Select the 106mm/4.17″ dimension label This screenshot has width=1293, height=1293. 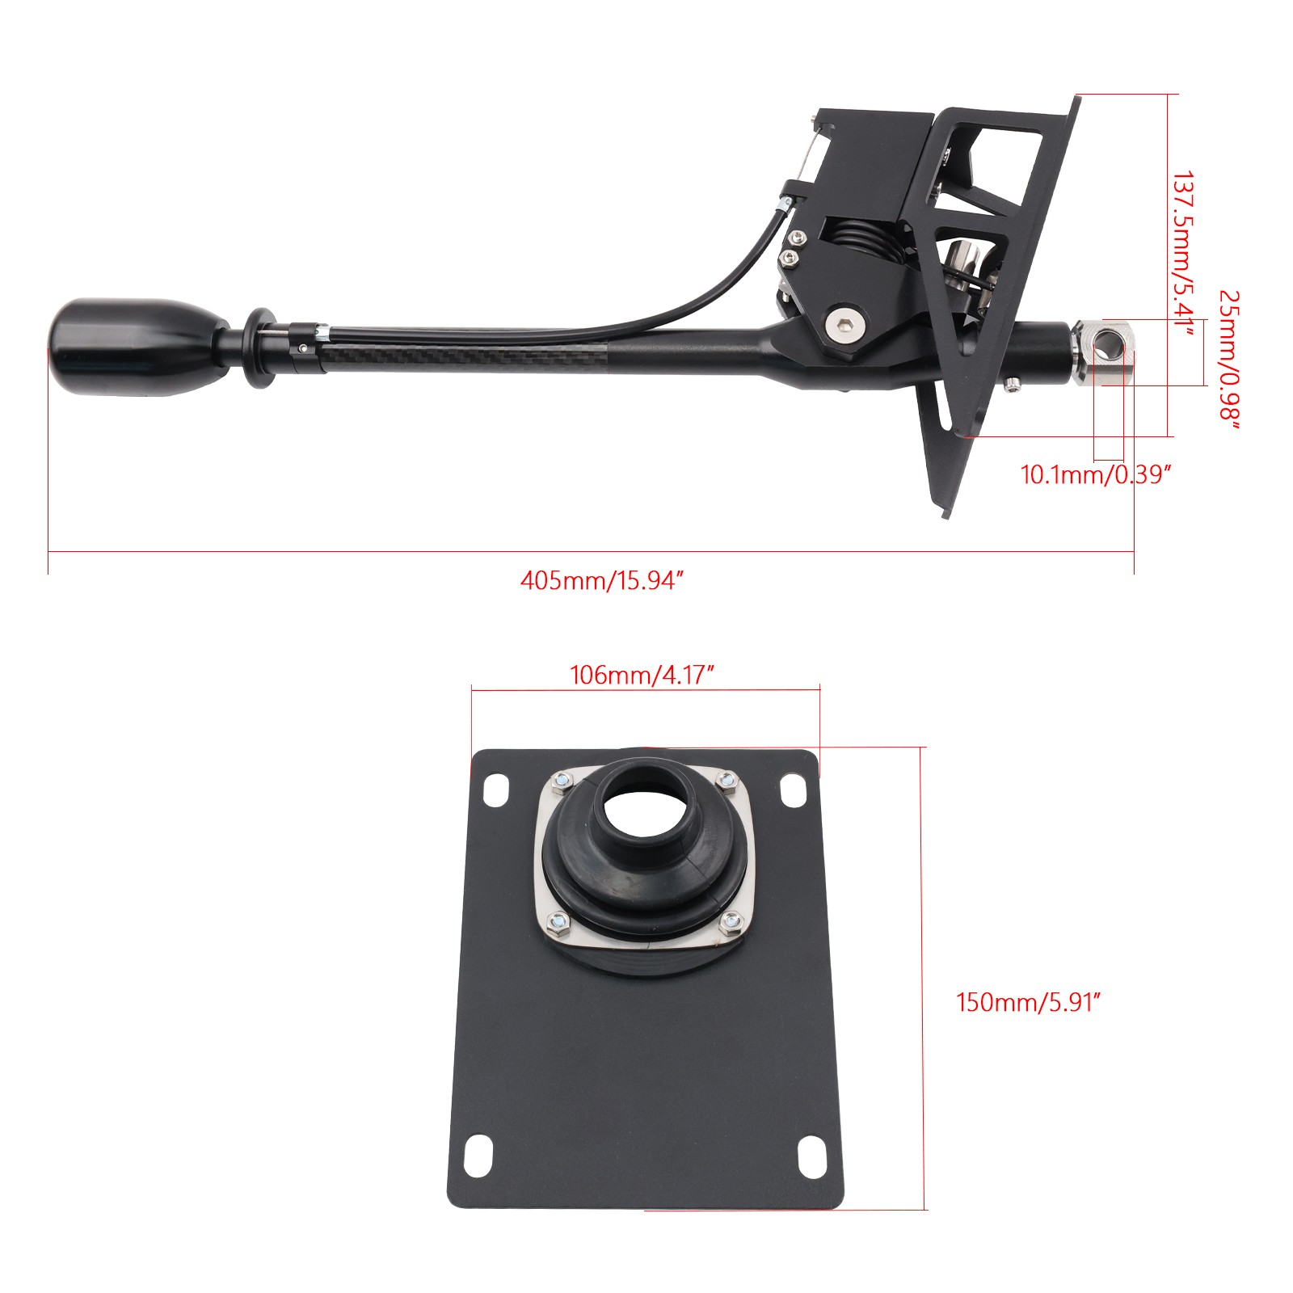(x=642, y=675)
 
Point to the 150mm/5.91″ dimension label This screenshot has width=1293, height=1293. (x=1029, y=1002)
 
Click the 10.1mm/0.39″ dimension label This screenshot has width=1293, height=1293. (x=1095, y=474)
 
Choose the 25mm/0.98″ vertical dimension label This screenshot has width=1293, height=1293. (x=1228, y=356)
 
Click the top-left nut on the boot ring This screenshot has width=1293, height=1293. (x=560, y=781)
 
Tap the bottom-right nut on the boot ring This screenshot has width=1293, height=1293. (x=731, y=920)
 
